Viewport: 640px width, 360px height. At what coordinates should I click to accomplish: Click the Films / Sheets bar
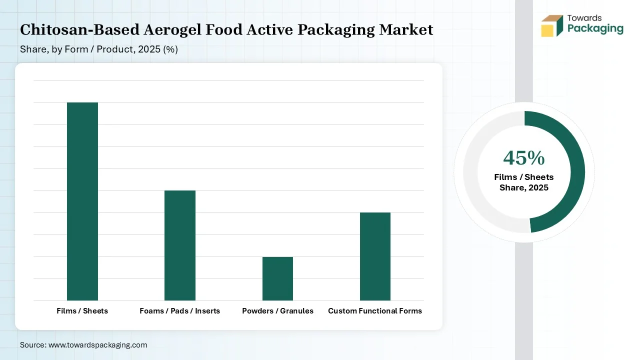[82, 201]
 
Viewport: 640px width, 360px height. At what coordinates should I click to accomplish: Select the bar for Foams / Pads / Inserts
[180, 245]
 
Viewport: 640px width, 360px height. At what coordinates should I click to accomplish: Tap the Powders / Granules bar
[277, 278]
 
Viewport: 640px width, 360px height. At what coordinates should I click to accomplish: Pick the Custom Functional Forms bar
[375, 256]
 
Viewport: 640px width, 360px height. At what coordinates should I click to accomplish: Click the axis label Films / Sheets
[82, 311]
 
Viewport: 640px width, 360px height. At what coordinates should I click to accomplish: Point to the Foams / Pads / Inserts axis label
[180, 311]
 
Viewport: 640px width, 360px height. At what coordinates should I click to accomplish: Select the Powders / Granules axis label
[277, 311]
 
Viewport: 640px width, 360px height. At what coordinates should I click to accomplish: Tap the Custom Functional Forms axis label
[375, 311]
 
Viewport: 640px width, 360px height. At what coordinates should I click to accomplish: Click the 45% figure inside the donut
[523, 158]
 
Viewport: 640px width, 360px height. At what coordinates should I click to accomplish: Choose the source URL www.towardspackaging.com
[97, 345]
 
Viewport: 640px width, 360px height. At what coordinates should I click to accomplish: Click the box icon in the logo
[551, 26]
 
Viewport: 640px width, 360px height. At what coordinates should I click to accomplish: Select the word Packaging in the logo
[595, 29]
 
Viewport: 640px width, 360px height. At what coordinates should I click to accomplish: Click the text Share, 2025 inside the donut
[523, 188]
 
